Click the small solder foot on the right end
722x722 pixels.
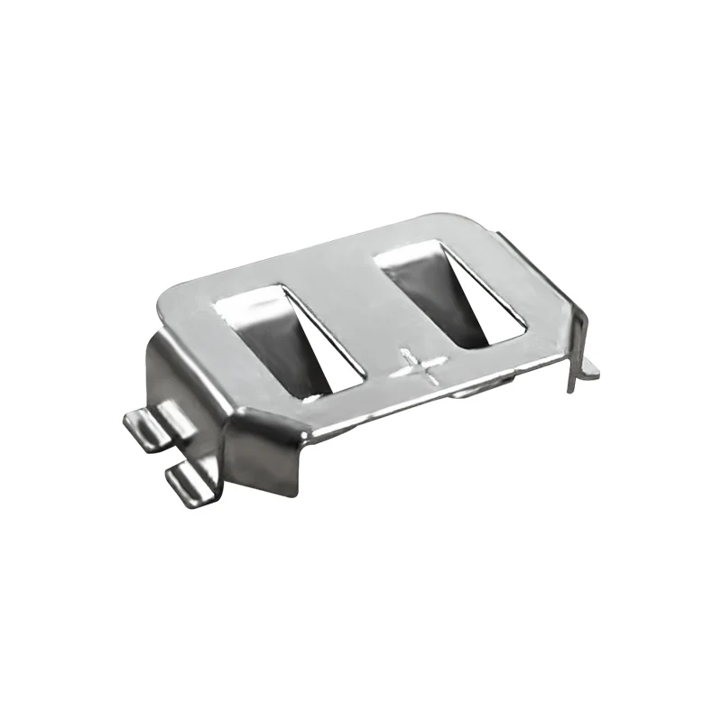click(x=588, y=366)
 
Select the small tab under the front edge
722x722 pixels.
click(x=469, y=393)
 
